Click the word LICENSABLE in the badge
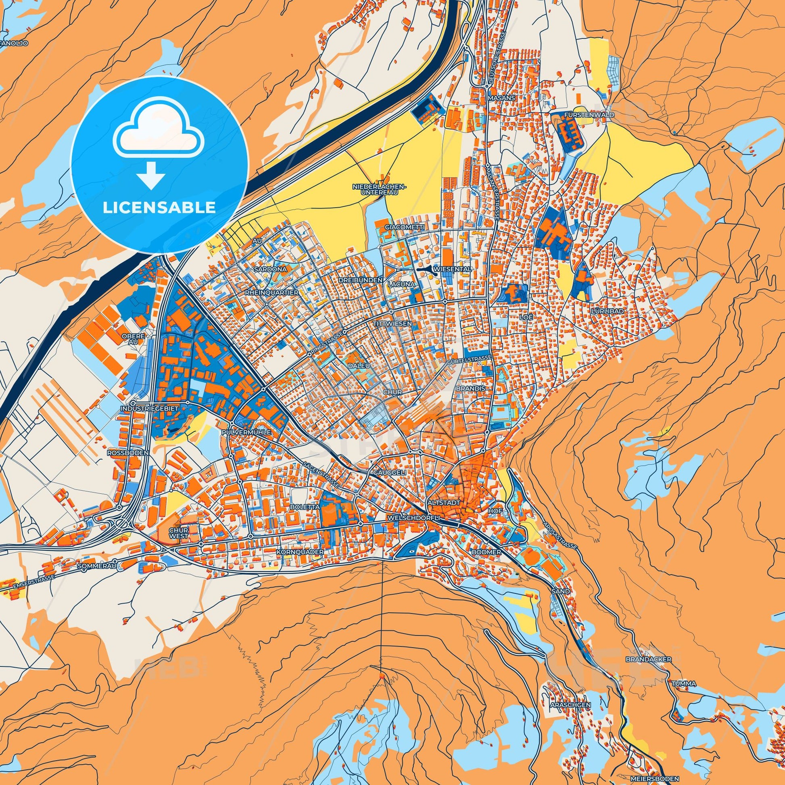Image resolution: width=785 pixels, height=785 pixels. point(159,207)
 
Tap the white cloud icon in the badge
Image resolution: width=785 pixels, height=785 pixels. point(159,134)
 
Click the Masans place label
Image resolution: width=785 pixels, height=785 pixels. point(502,98)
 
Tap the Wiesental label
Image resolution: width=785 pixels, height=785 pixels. point(452,269)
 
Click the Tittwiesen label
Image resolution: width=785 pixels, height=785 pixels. point(392,324)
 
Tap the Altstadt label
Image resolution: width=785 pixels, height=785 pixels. point(444,503)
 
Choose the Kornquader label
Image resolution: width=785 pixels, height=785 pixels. point(300,552)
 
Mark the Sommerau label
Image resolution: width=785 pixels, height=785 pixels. point(96,566)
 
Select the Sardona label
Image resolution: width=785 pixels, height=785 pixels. point(271,269)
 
